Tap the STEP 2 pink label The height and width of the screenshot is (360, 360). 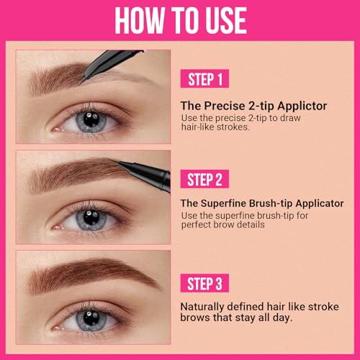point(208,179)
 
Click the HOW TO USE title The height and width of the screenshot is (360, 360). point(179,21)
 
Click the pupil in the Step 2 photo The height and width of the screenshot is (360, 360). point(91,218)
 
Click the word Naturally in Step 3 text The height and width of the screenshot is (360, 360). point(205,305)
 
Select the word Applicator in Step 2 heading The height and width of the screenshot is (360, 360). point(317,204)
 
